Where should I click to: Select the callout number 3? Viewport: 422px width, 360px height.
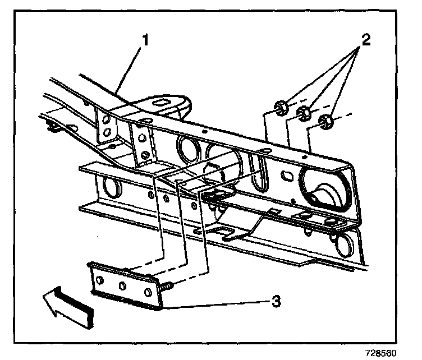(275, 302)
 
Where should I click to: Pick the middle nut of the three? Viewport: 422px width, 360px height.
(303, 114)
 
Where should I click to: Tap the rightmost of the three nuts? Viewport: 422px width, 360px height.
(325, 120)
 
